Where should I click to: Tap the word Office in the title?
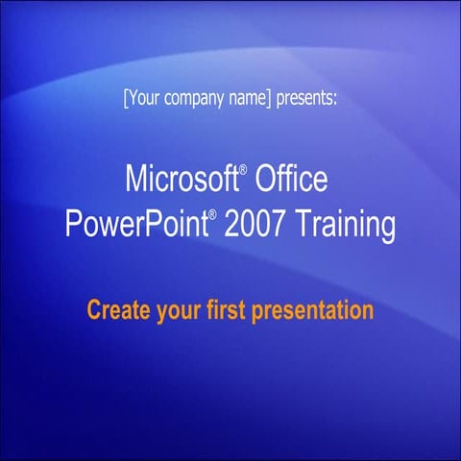coord(292,179)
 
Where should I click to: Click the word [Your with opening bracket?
coord(141,98)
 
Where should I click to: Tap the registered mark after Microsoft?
coord(244,169)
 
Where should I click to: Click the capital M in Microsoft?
coord(134,179)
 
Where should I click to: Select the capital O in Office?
coord(266,179)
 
